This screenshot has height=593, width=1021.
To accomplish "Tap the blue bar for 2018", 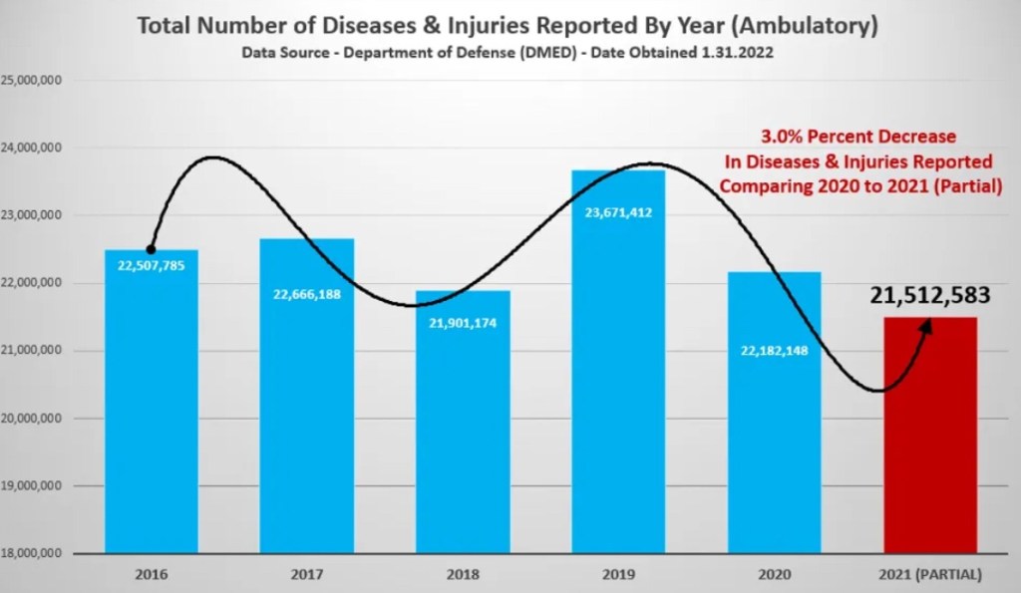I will click(x=463, y=439).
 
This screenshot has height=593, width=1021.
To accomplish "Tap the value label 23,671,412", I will click(x=618, y=211).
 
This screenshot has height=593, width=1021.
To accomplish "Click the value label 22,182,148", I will click(x=774, y=349).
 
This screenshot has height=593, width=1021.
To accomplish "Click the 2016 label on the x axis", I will click(x=152, y=575).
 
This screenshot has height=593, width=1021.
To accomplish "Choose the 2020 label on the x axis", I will click(x=774, y=575).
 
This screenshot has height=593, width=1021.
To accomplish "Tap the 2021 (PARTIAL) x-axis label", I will click(x=931, y=575).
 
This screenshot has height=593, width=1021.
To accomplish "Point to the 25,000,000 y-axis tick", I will click(x=33, y=80).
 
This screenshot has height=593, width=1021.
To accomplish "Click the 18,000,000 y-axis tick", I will click(x=33, y=553).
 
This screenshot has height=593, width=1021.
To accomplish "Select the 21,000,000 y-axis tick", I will click(x=33, y=350).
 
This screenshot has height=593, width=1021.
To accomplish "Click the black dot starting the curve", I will click(x=151, y=249).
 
